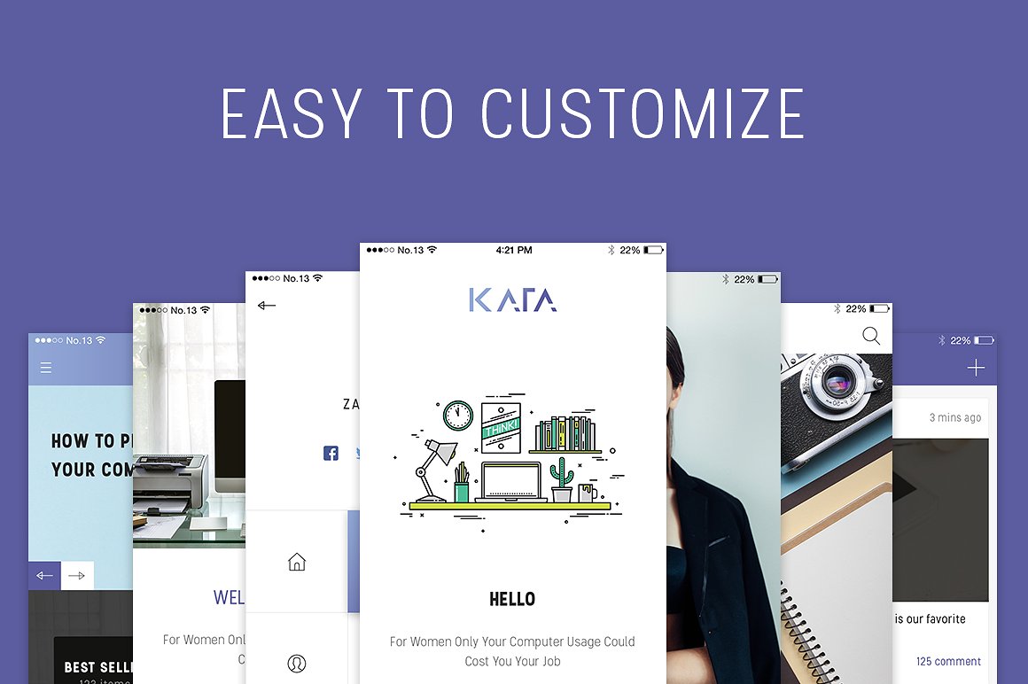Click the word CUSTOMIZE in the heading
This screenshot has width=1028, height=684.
coord(642,113)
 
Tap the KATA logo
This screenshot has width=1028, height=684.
coord(512,300)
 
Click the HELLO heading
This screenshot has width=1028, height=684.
coord(512,600)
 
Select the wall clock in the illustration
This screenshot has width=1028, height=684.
coord(458,415)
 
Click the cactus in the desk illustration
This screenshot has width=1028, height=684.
coord(561,479)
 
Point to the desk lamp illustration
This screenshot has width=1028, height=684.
coord(434,465)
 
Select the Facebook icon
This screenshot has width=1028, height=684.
coord(331,453)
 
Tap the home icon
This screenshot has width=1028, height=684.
coord(297,562)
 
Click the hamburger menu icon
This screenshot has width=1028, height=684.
coord(46,368)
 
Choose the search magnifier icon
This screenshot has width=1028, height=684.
coord(871,336)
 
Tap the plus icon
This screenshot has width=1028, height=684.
coord(976,368)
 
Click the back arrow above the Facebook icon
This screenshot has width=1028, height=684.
coord(267,306)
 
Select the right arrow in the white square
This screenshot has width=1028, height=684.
coord(77,576)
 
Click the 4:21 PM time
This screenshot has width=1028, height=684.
coord(514,251)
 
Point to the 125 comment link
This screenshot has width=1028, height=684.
coord(948,661)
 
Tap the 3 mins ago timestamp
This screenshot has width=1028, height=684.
coord(954,417)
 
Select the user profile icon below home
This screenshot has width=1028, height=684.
coord(297,663)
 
